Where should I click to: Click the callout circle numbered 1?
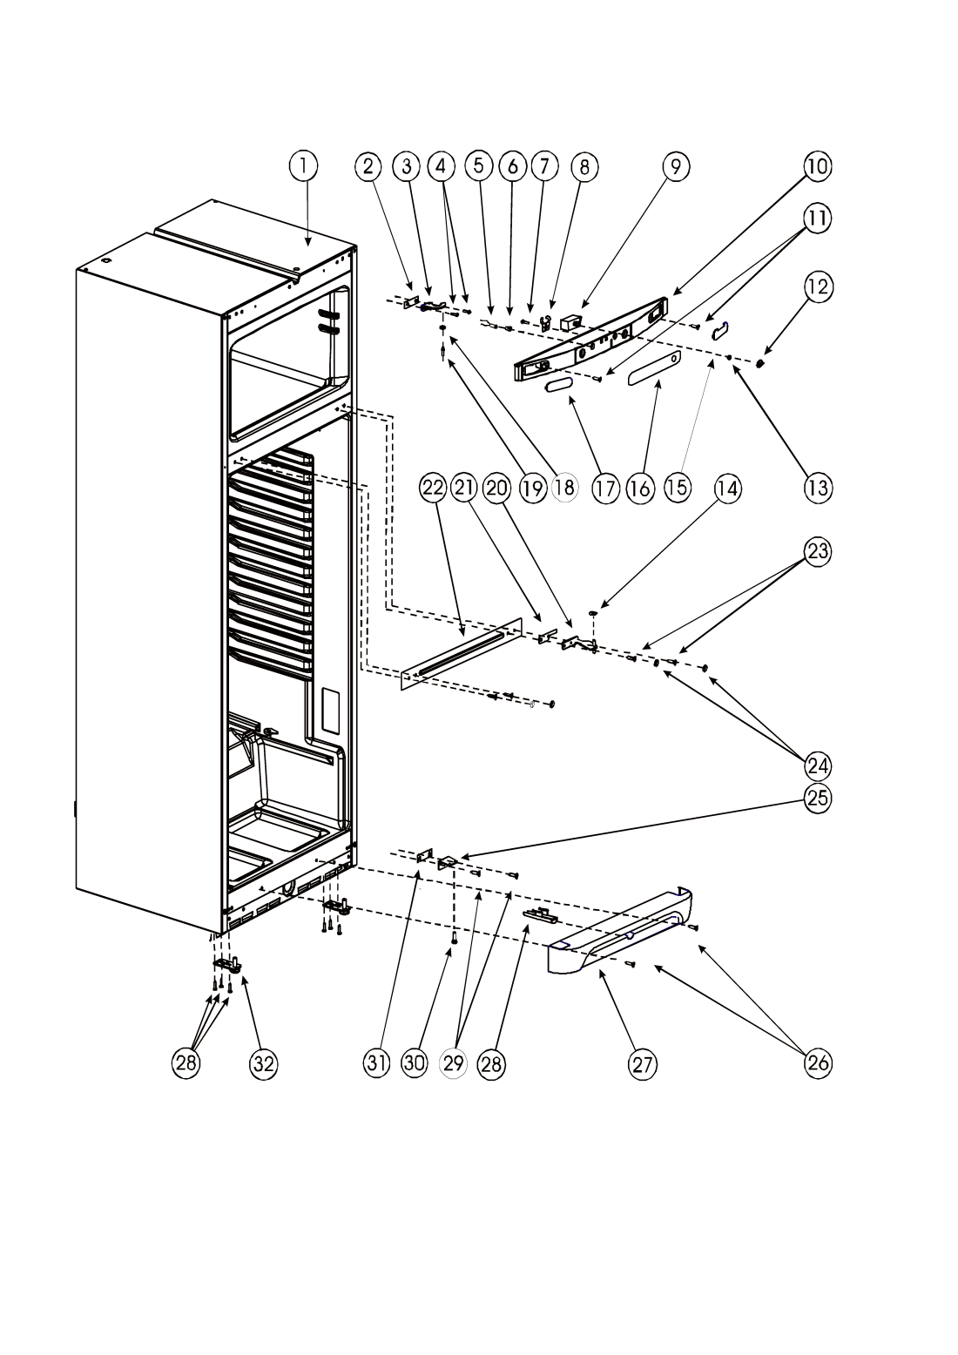[303, 165]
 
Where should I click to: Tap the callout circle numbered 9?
[675, 165]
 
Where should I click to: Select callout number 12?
[818, 287]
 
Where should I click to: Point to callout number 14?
[727, 489]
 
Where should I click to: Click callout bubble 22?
[433, 489]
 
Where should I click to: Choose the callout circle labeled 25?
[818, 799]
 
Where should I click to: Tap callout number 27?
[643, 1063]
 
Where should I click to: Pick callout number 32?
[264, 1063]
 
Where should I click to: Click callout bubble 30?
[415, 1063]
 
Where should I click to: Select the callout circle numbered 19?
[532, 489]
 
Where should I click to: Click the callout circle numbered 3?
[407, 165]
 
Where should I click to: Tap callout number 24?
[818, 766]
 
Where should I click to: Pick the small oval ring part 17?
[559, 385]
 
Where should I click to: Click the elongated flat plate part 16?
[654, 367]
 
